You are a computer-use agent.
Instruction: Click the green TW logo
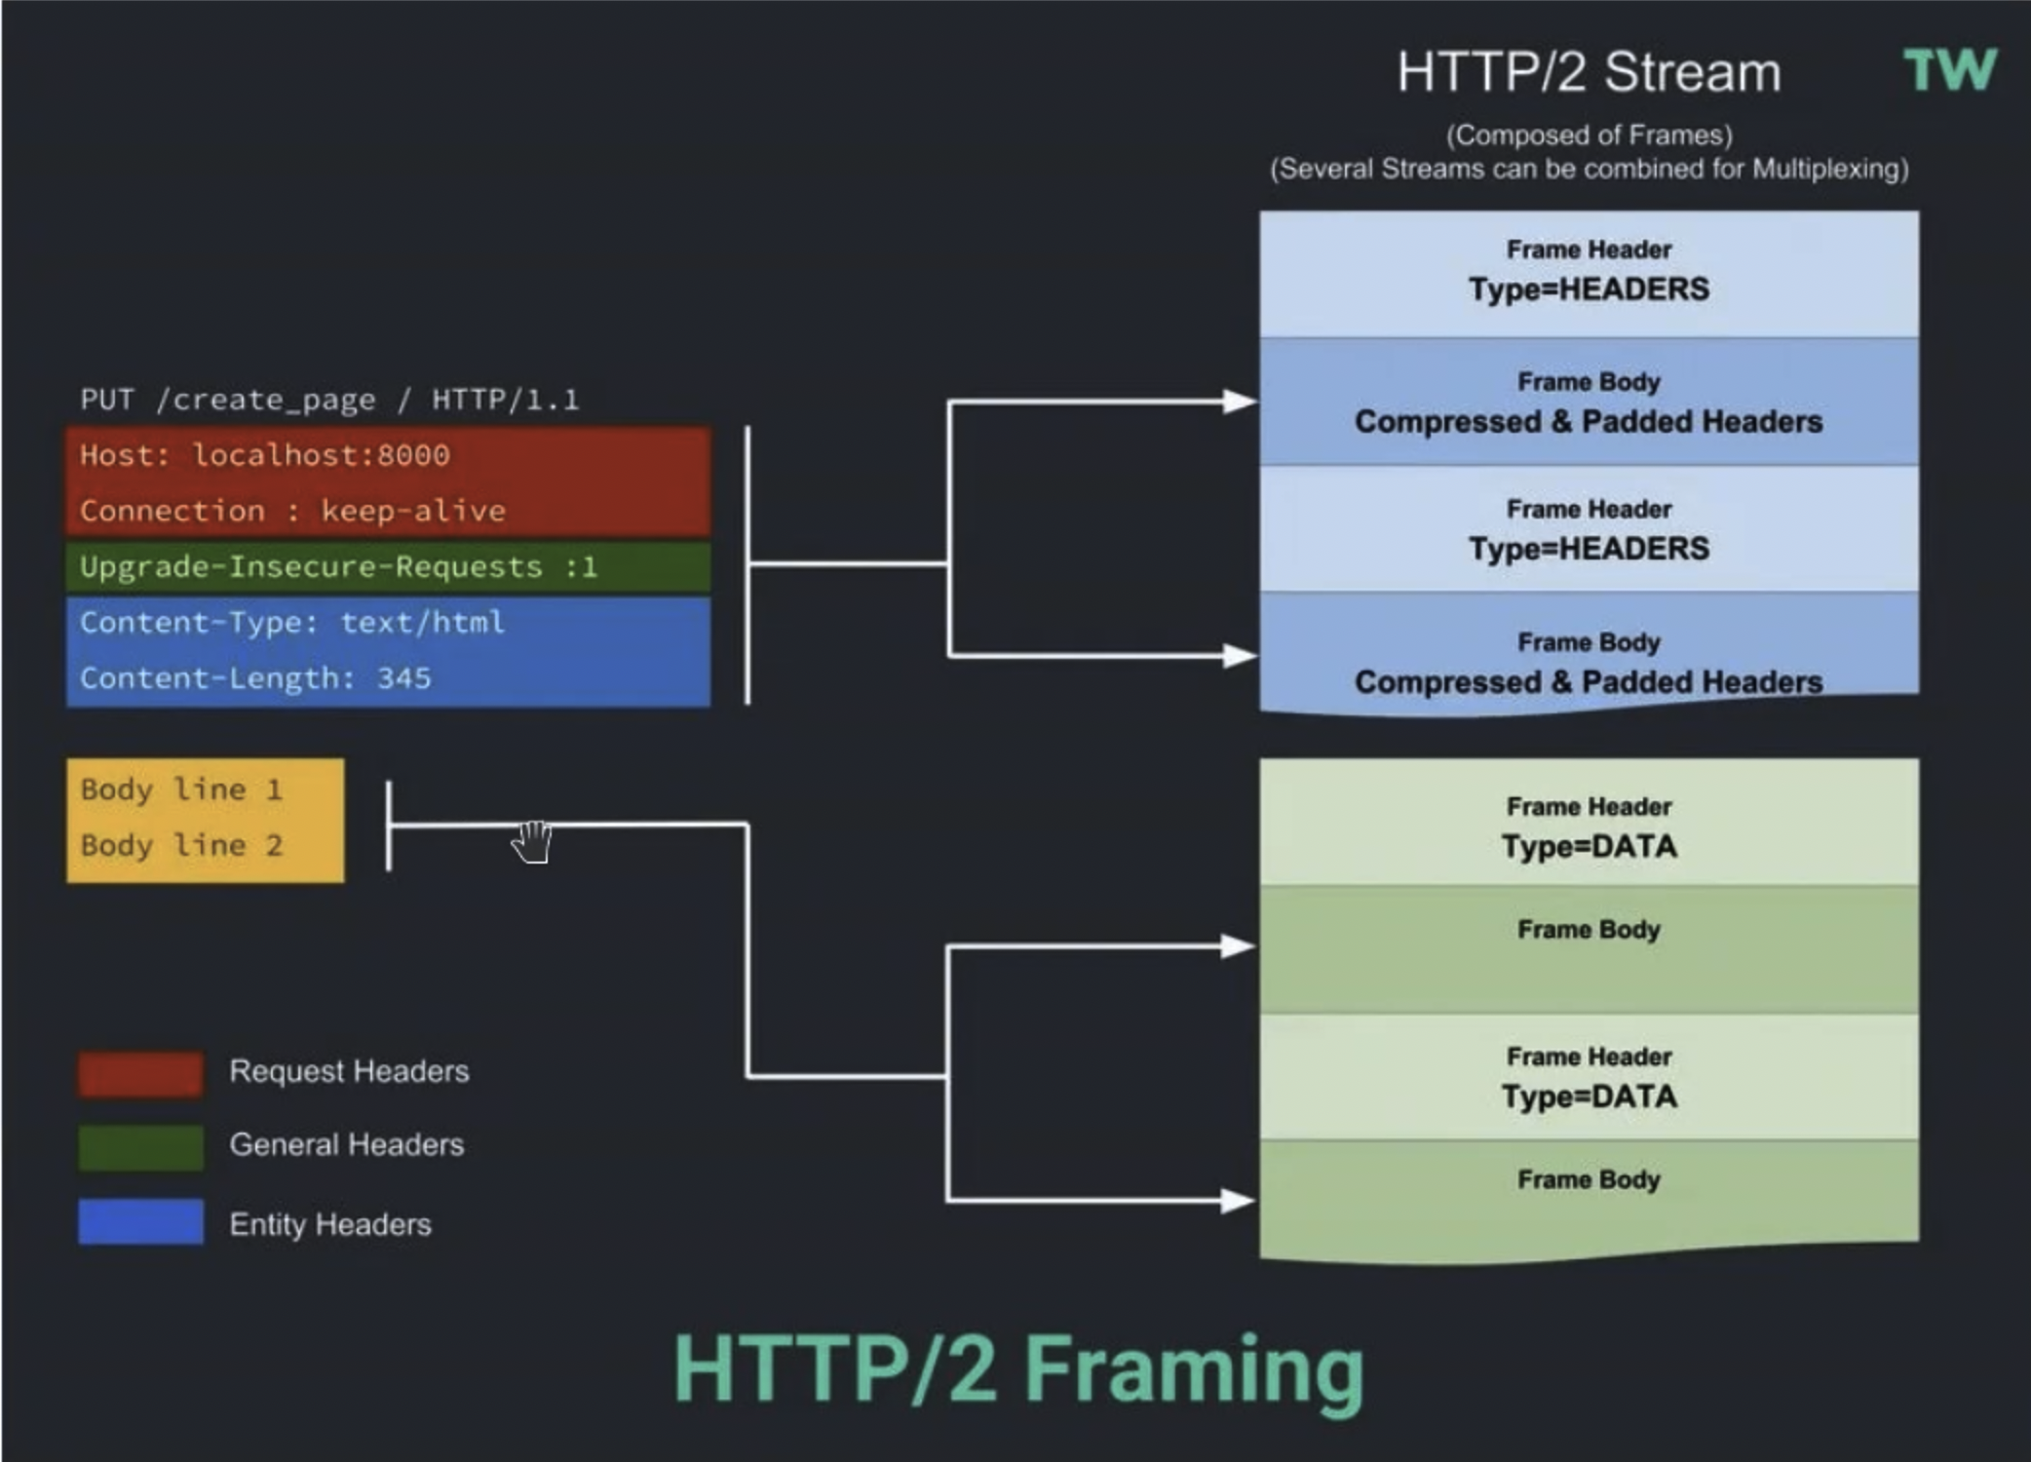click(1950, 70)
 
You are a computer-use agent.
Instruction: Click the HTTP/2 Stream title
click(1589, 72)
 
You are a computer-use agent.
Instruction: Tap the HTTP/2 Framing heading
click(1018, 1370)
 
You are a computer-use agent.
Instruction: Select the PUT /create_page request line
click(329, 400)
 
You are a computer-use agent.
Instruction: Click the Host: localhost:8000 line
click(265, 455)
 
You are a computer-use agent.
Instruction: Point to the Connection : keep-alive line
click(292, 511)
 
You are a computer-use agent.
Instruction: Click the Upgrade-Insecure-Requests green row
click(388, 567)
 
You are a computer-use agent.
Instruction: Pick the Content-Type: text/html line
click(292, 623)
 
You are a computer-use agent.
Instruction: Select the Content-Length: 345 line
click(255, 678)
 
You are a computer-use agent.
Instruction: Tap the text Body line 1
click(181, 789)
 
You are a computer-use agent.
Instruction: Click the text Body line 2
click(181, 845)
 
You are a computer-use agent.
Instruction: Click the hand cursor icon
click(532, 841)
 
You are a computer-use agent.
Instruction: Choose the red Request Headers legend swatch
click(141, 1074)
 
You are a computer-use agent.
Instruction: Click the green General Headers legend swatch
click(141, 1147)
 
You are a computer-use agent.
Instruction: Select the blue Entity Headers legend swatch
click(141, 1221)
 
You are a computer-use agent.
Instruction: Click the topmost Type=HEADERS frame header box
click(1589, 275)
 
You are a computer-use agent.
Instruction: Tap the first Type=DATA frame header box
click(1589, 823)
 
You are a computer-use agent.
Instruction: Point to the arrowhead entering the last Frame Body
click(1240, 1201)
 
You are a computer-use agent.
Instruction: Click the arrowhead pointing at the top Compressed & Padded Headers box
click(1240, 401)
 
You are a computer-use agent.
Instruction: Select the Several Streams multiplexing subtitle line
click(1589, 170)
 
